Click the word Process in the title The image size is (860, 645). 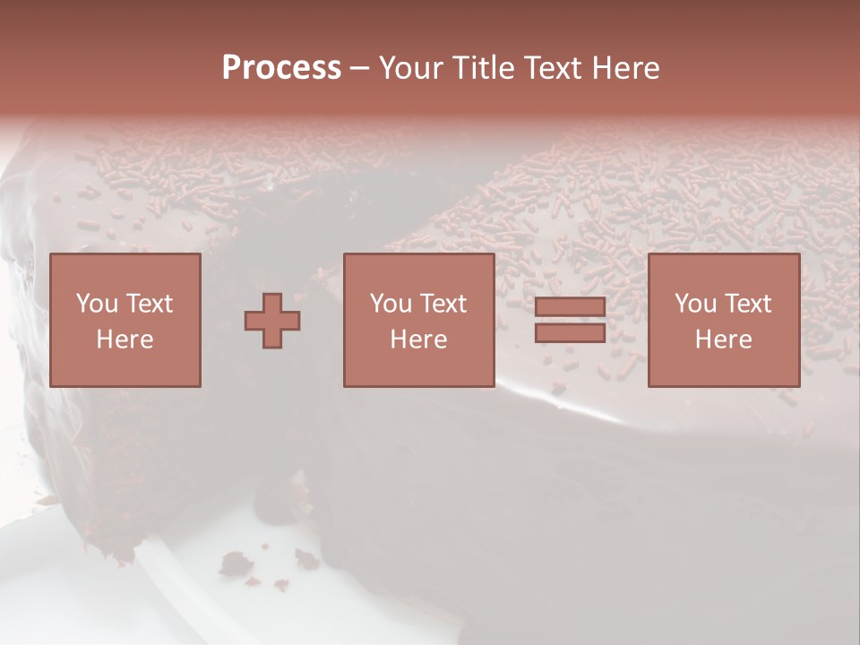click(281, 68)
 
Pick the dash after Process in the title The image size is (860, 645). click(359, 69)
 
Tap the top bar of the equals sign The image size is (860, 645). click(570, 307)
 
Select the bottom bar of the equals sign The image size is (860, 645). click(570, 332)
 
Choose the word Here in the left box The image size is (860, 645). click(125, 340)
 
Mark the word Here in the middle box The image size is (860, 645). click(418, 340)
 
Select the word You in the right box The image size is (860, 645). click(695, 304)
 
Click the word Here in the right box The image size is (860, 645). click(723, 340)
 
